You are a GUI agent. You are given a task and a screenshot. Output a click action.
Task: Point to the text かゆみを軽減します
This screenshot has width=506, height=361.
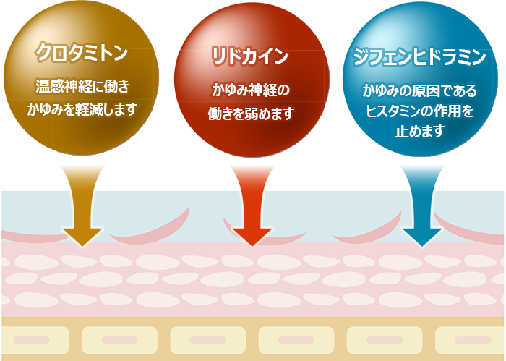(x=82, y=109)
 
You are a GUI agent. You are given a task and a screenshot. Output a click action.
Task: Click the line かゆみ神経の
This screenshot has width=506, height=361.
(x=250, y=90)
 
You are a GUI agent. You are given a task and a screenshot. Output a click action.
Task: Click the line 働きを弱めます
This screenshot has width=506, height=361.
(x=250, y=113)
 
